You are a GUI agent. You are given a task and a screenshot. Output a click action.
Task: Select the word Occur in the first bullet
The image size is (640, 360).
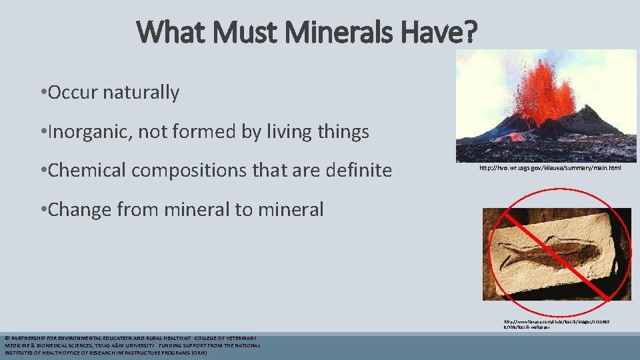click(x=74, y=92)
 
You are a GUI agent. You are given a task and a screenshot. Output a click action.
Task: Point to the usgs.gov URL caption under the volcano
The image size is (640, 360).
click(x=550, y=168)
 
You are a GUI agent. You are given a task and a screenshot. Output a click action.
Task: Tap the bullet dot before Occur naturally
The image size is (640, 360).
click(x=43, y=93)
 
